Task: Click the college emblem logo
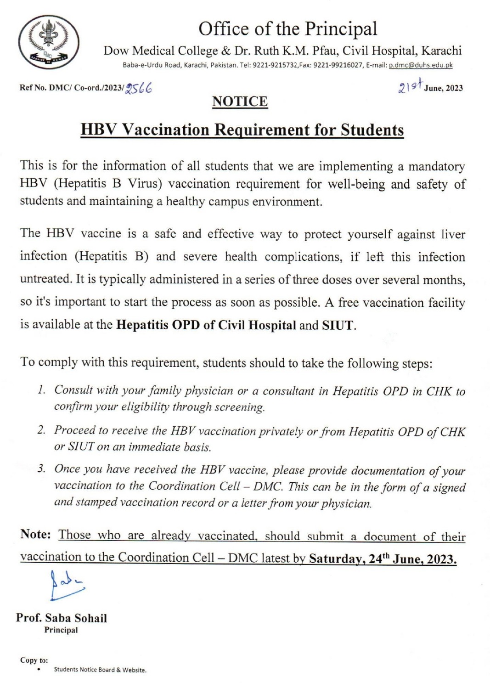click(x=48, y=42)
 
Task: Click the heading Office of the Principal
click(x=287, y=28)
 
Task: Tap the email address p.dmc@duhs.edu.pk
click(x=421, y=65)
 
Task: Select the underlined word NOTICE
click(x=240, y=102)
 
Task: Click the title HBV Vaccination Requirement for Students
click(x=242, y=130)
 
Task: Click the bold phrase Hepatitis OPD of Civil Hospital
click(x=206, y=325)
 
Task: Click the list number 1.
click(x=41, y=390)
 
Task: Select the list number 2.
click(x=41, y=430)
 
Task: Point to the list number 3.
click(x=41, y=469)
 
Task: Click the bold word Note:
click(x=35, y=535)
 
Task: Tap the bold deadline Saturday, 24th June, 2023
click(x=383, y=559)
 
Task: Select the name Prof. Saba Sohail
click(x=62, y=618)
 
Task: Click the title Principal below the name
click(x=61, y=630)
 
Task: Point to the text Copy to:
click(x=34, y=660)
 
